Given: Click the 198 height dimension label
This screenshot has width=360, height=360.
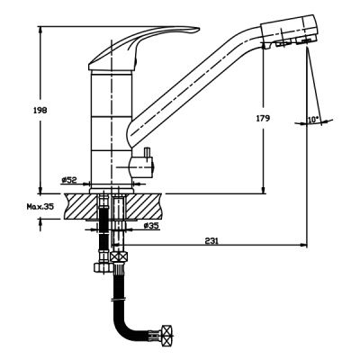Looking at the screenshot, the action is click(40, 111).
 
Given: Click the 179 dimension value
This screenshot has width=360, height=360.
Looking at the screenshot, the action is click(263, 118).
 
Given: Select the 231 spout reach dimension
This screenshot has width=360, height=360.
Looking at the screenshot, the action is click(211, 240).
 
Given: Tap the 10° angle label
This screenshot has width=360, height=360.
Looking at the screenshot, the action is click(313, 120).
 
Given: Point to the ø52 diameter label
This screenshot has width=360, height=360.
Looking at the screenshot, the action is click(69, 180).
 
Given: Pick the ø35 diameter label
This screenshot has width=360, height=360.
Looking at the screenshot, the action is click(150, 226).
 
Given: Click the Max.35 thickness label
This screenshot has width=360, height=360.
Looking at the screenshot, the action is click(40, 206).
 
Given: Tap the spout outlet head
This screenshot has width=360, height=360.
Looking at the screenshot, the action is click(288, 30).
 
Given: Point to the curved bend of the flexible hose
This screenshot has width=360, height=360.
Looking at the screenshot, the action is click(124, 324).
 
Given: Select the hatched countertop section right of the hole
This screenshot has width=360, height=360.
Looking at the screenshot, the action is click(145, 206).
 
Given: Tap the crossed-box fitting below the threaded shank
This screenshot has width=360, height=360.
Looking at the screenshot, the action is click(119, 257).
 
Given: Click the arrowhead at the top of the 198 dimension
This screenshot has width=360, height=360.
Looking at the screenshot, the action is click(40, 30).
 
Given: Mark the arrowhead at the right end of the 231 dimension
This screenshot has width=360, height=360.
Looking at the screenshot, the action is click(303, 245).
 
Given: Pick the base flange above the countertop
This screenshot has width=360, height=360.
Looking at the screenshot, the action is click(112, 191).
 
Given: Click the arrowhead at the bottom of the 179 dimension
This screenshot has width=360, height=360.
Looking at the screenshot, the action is click(263, 190).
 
